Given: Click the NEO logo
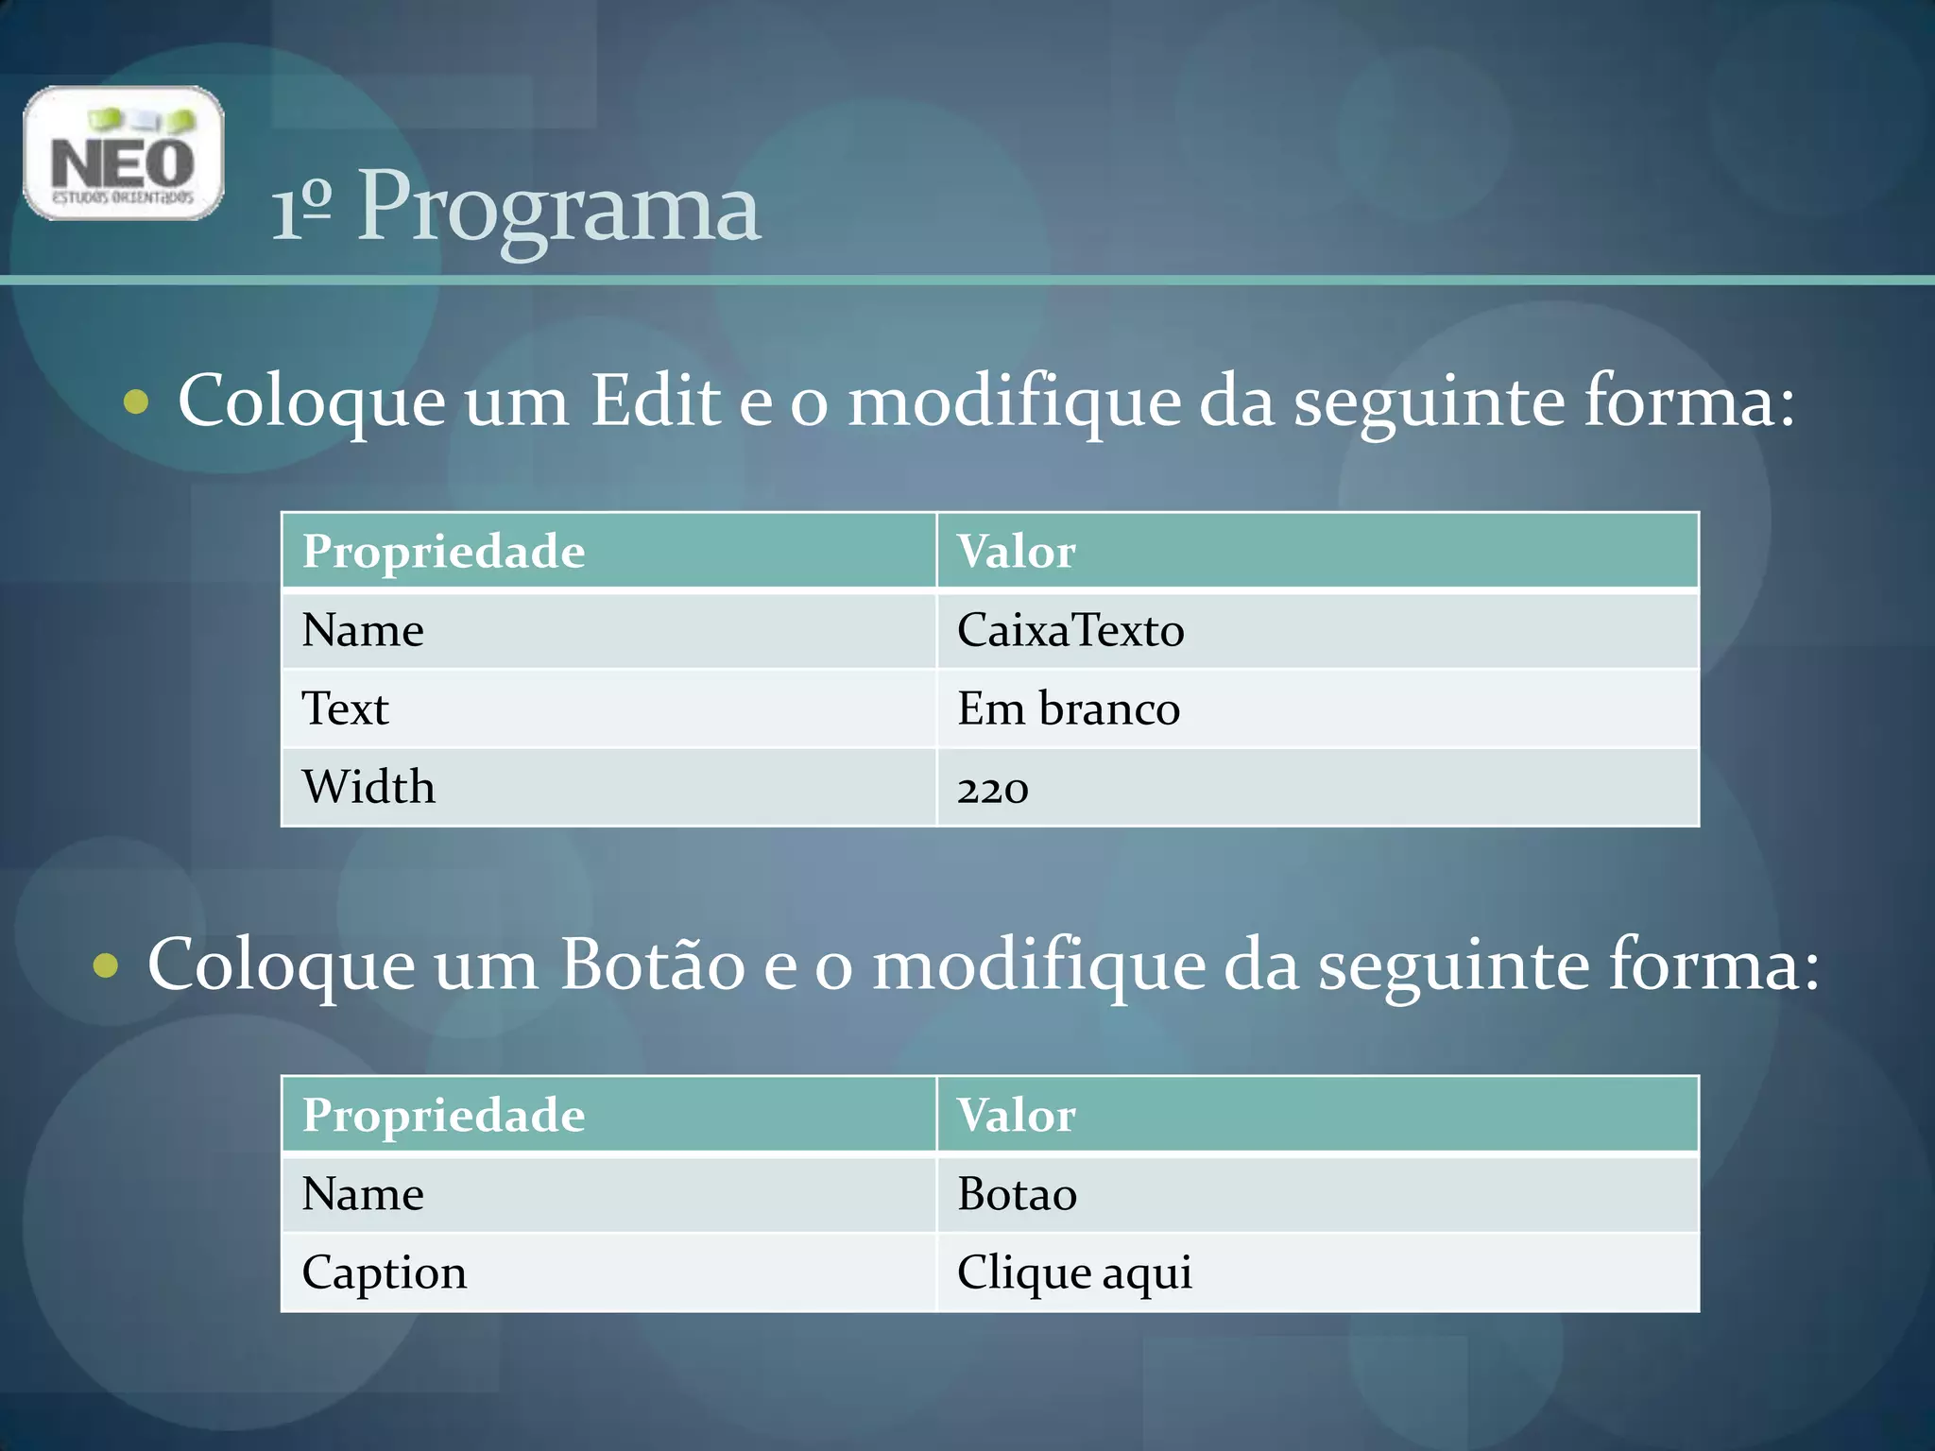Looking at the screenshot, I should (124, 153).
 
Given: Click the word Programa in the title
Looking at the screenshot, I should (558, 208).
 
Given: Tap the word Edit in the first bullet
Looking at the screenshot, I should (656, 401).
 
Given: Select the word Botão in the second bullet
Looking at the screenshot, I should (652, 964).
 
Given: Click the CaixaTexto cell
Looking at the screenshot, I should (1070, 630).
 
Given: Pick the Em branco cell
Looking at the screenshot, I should (1068, 708).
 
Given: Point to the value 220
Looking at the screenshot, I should (992, 788).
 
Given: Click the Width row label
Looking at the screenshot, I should (368, 787).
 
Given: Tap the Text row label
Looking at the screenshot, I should (345, 708).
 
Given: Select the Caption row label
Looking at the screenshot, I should (384, 1272).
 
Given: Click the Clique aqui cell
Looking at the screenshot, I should (1074, 1272).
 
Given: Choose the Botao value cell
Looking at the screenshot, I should (1017, 1194).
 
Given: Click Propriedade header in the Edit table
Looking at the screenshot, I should (443, 552).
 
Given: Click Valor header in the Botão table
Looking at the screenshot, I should (1016, 1116).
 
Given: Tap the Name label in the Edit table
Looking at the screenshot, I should (363, 630).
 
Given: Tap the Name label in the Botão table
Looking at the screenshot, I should (363, 1194).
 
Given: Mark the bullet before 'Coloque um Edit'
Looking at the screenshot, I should (136, 402).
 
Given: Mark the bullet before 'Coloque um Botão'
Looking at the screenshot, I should (106, 966).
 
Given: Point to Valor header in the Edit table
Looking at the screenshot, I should (1016, 552).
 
